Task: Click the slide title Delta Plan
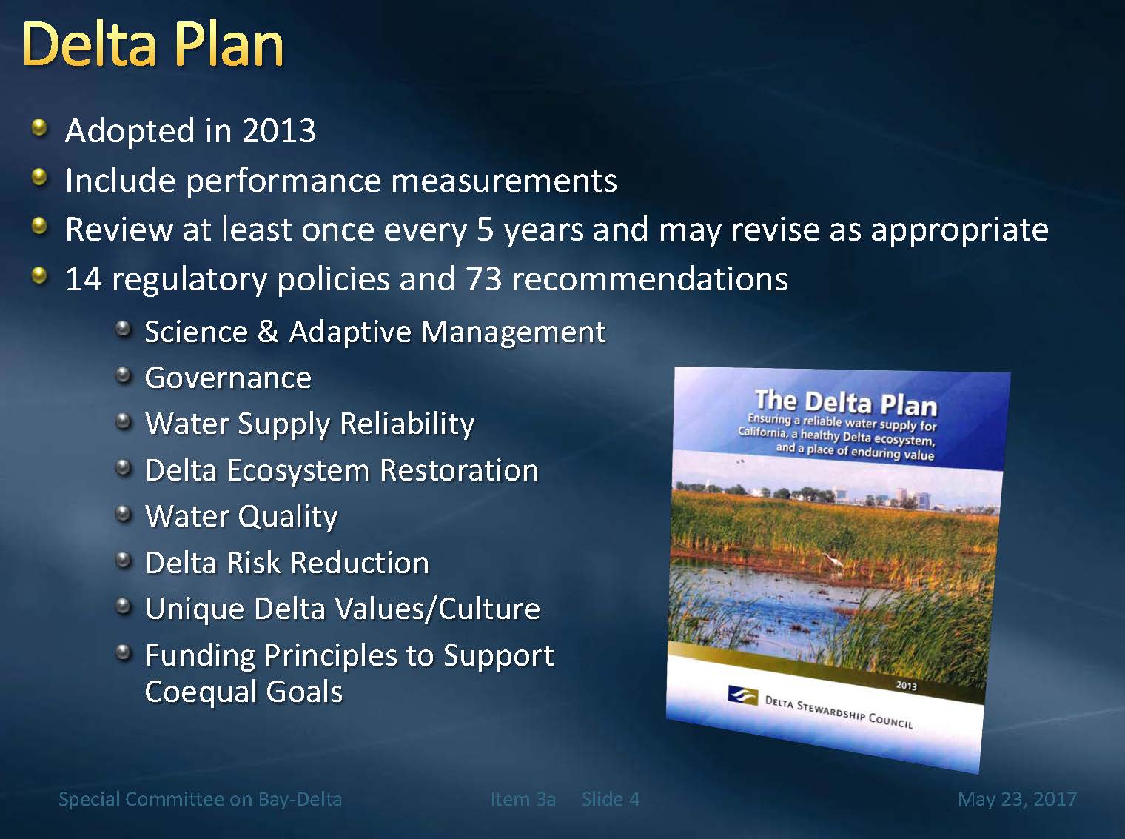tap(152, 44)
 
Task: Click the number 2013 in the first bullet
tap(279, 131)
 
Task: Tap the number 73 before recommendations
tap(483, 279)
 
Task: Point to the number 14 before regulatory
tap(84, 279)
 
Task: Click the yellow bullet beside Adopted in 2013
tap(39, 128)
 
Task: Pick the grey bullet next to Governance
tap(123, 376)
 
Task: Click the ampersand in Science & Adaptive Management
tap(268, 331)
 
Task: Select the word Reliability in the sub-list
tap(408, 424)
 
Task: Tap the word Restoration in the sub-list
tap(459, 470)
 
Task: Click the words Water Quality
tap(241, 517)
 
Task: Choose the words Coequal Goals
tap(244, 692)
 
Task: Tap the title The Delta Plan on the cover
tap(846, 403)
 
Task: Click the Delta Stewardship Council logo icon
tap(742, 695)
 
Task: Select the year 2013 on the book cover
tap(906, 686)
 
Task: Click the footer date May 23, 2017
tap(1018, 799)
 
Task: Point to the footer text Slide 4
tap(611, 799)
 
